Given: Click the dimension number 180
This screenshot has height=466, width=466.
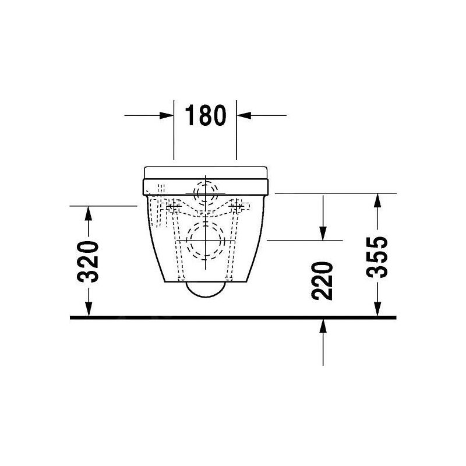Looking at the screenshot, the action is [x=206, y=115].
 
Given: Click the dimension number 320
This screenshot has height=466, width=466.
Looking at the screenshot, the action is [x=88, y=262].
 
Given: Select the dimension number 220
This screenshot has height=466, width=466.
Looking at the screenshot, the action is [x=322, y=281].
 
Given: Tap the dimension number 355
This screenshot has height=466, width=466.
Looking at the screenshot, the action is [x=377, y=257].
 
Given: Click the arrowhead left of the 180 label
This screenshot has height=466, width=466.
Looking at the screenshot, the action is [x=167, y=115].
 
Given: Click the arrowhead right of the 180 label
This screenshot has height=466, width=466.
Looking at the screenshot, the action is [x=243, y=115].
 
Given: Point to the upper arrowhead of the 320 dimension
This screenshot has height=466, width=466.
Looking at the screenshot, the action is [x=89, y=213].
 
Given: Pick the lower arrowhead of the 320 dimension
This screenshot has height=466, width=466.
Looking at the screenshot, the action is [x=89, y=309].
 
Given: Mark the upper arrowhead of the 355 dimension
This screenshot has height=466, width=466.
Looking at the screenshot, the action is [x=377, y=200].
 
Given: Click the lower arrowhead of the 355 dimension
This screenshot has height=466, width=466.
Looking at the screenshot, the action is [x=377, y=309].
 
